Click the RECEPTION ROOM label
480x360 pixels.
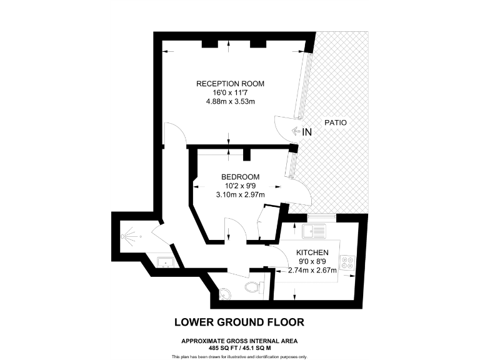(x=230, y=84)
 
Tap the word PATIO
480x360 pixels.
(x=335, y=123)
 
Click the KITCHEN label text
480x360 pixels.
(x=313, y=252)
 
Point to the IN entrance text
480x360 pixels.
(x=307, y=132)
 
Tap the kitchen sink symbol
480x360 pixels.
(x=312, y=232)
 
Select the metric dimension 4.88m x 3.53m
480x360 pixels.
(x=230, y=101)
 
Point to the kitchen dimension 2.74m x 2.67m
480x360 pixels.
(x=312, y=270)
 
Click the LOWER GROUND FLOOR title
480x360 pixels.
(x=239, y=322)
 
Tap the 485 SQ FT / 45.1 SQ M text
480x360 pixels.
(x=239, y=347)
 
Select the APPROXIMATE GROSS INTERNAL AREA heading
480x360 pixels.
(x=239, y=341)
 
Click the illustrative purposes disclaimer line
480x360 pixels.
(x=239, y=356)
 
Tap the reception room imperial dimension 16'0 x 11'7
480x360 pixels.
(x=230, y=92)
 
